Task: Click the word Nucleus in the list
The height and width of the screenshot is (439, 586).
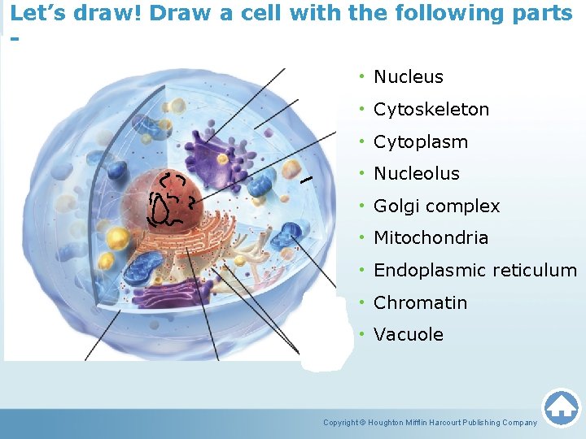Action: pyautogui.click(x=408, y=77)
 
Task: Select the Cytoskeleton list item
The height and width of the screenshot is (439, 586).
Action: pyautogui.click(x=431, y=110)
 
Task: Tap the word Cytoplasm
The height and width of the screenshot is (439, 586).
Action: pyautogui.click(x=420, y=142)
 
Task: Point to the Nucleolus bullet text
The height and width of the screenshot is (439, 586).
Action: pyautogui.click(x=416, y=174)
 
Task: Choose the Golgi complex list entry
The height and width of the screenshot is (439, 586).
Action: pyautogui.click(x=436, y=206)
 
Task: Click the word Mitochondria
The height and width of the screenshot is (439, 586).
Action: pyautogui.click(x=431, y=238)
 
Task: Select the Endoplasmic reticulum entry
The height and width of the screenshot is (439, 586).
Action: pyautogui.click(x=474, y=271)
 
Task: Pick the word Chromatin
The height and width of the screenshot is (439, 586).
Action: pyautogui.click(x=420, y=303)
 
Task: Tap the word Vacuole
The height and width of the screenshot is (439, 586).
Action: pyautogui.click(x=408, y=335)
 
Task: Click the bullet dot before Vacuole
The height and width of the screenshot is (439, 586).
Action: pyautogui.click(x=360, y=335)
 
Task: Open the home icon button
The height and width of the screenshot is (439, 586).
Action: pyautogui.click(x=561, y=407)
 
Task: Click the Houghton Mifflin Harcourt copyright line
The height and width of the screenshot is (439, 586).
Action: pyautogui.click(x=430, y=423)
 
